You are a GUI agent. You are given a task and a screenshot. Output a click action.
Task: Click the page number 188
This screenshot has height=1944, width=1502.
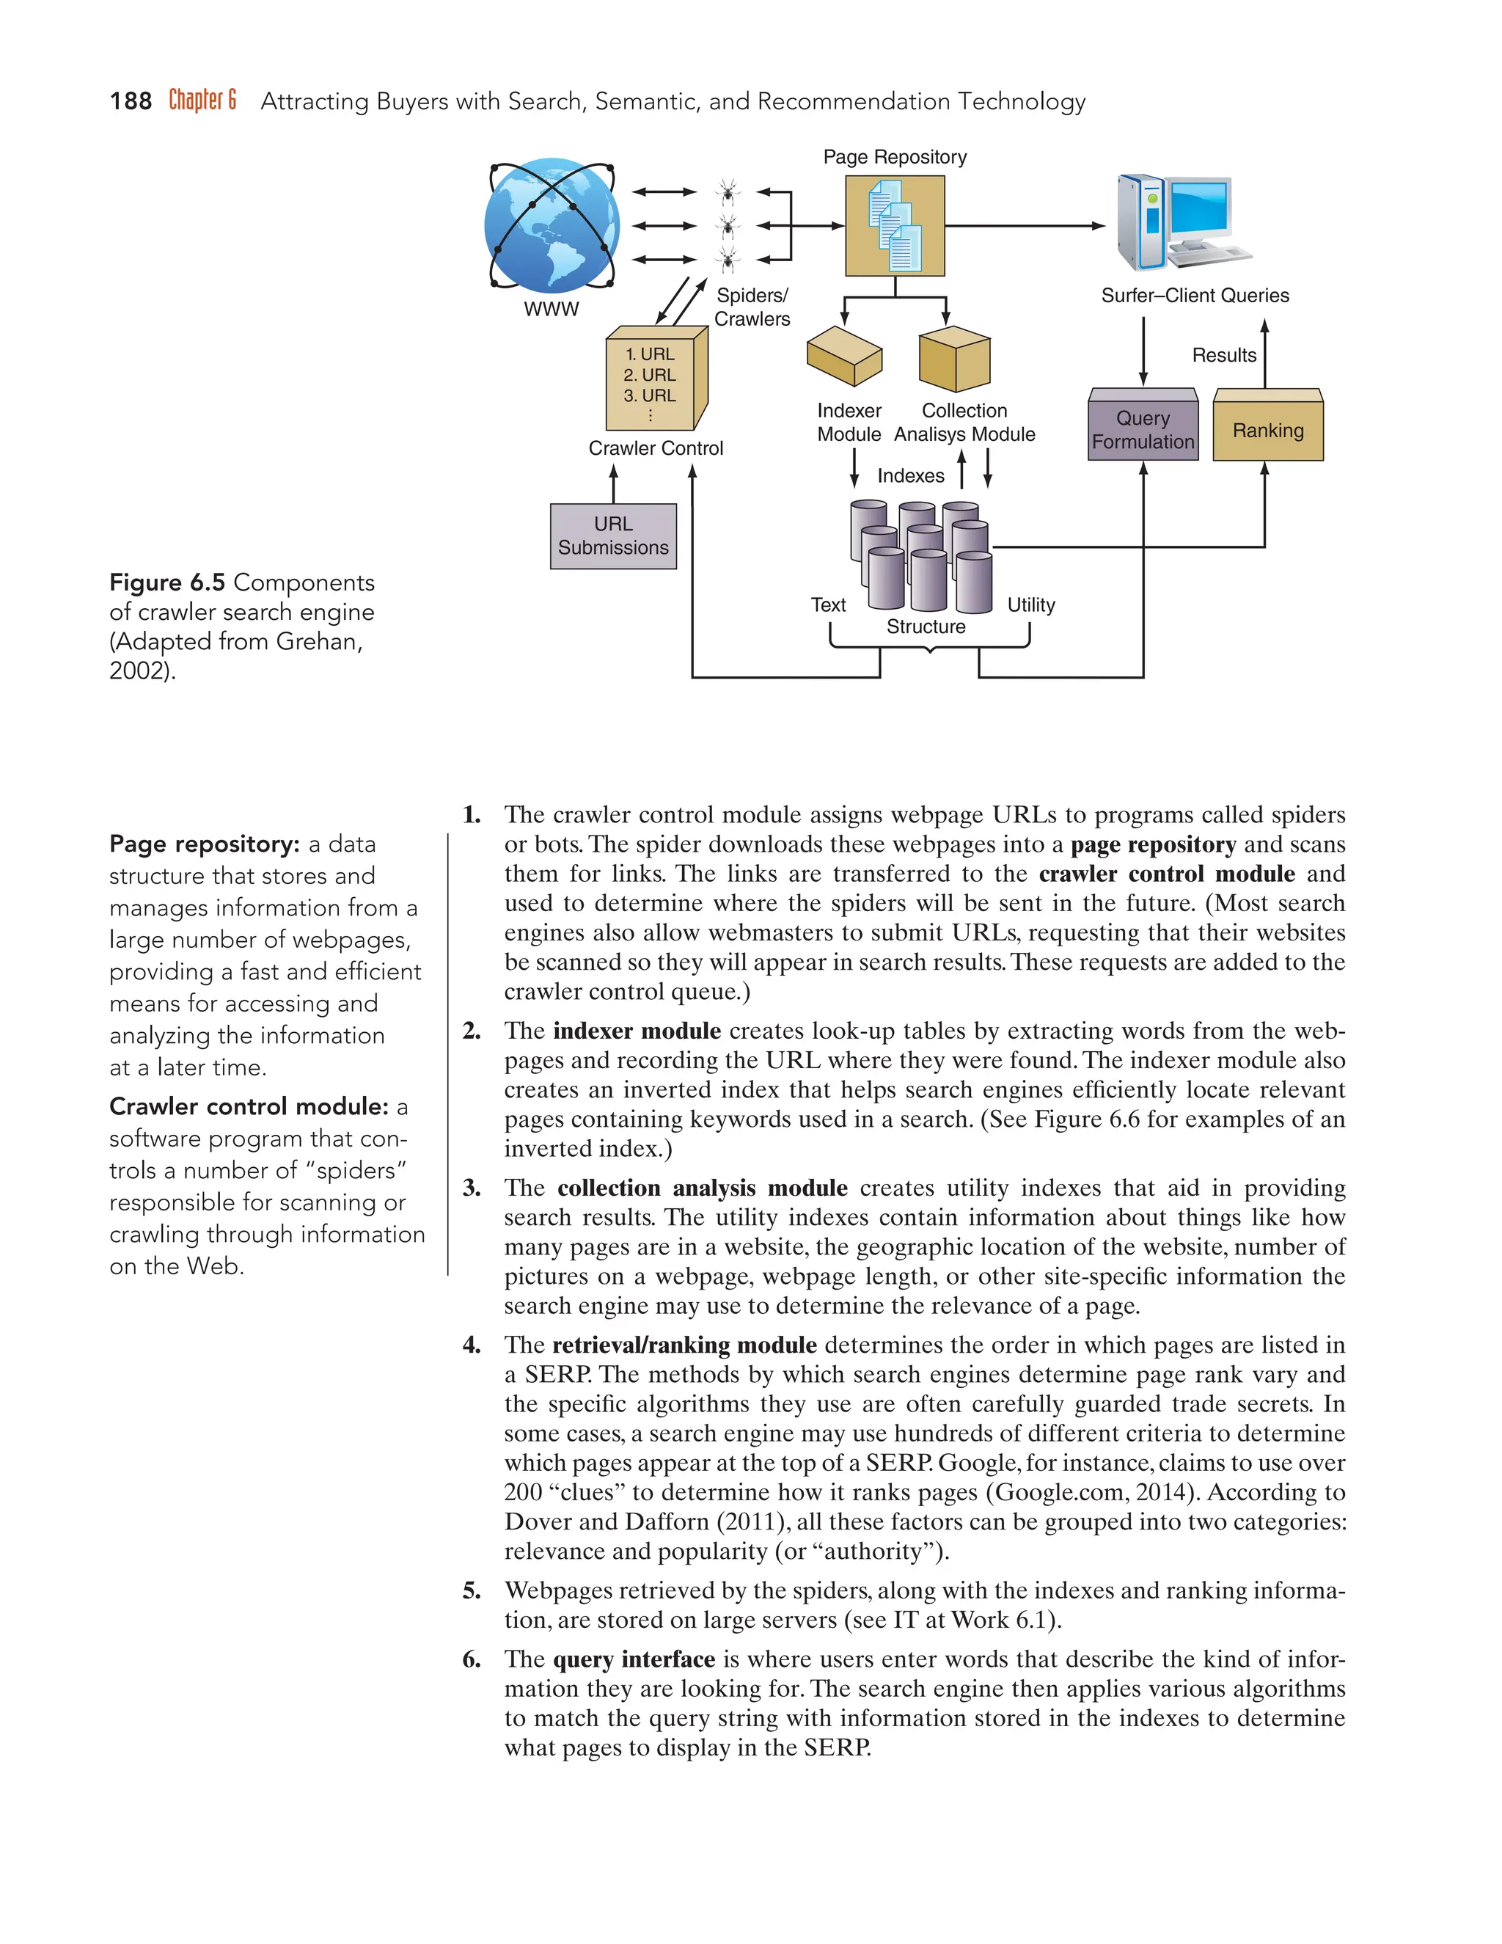point(130,101)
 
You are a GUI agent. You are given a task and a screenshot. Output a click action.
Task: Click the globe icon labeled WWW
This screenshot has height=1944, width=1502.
point(552,226)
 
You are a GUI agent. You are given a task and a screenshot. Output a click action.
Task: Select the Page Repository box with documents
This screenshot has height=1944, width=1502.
point(894,225)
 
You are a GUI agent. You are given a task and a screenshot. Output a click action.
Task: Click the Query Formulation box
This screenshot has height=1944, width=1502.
point(1143,429)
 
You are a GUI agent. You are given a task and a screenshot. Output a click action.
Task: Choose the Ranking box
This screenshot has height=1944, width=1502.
point(1267,430)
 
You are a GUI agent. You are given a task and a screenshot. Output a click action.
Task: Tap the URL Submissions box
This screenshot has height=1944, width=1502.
point(613,536)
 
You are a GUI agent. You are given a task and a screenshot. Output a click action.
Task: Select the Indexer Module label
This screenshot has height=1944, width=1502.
point(849,422)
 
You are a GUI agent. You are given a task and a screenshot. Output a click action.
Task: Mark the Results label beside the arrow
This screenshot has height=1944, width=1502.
point(1223,355)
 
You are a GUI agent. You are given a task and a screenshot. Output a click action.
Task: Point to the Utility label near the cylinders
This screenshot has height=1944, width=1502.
point(1030,605)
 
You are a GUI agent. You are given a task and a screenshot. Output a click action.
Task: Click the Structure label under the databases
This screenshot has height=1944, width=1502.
point(926,626)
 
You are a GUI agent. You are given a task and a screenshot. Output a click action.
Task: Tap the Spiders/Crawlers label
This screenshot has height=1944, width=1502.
point(752,307)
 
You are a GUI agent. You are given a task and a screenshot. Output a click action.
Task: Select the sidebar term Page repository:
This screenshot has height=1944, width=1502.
point(204,844)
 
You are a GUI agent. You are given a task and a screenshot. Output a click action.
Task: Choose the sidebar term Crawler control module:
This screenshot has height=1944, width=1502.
point(249,1106)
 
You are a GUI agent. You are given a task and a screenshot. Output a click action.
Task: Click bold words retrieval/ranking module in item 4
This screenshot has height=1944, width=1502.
point(684,1345)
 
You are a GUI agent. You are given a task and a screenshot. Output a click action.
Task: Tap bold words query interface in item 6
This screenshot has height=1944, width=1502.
point(634,1659)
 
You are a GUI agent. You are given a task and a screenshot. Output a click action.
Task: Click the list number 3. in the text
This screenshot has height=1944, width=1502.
point(472,1188)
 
